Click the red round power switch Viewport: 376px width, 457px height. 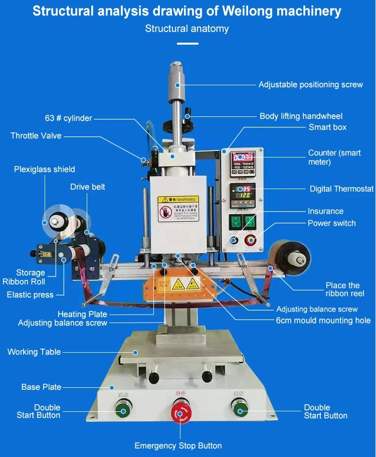tap(250, 240)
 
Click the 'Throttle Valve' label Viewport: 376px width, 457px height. tap(36, 135)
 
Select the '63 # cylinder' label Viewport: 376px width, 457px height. tap(68, 118)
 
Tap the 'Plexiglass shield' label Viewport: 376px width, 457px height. tap(44, 170)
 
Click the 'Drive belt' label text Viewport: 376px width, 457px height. tap(88, 187)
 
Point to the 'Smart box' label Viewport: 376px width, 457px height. tap(327, 127)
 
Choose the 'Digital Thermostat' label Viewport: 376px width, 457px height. tap(341, 189)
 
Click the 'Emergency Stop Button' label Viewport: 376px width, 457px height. tap(178, 445)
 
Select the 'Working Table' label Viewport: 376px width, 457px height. tap(34, 352)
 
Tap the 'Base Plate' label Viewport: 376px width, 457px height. tap(41, 387)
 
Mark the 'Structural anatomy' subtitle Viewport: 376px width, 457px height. tap(187, 29)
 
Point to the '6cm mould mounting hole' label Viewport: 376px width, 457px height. tap(323, 321)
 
